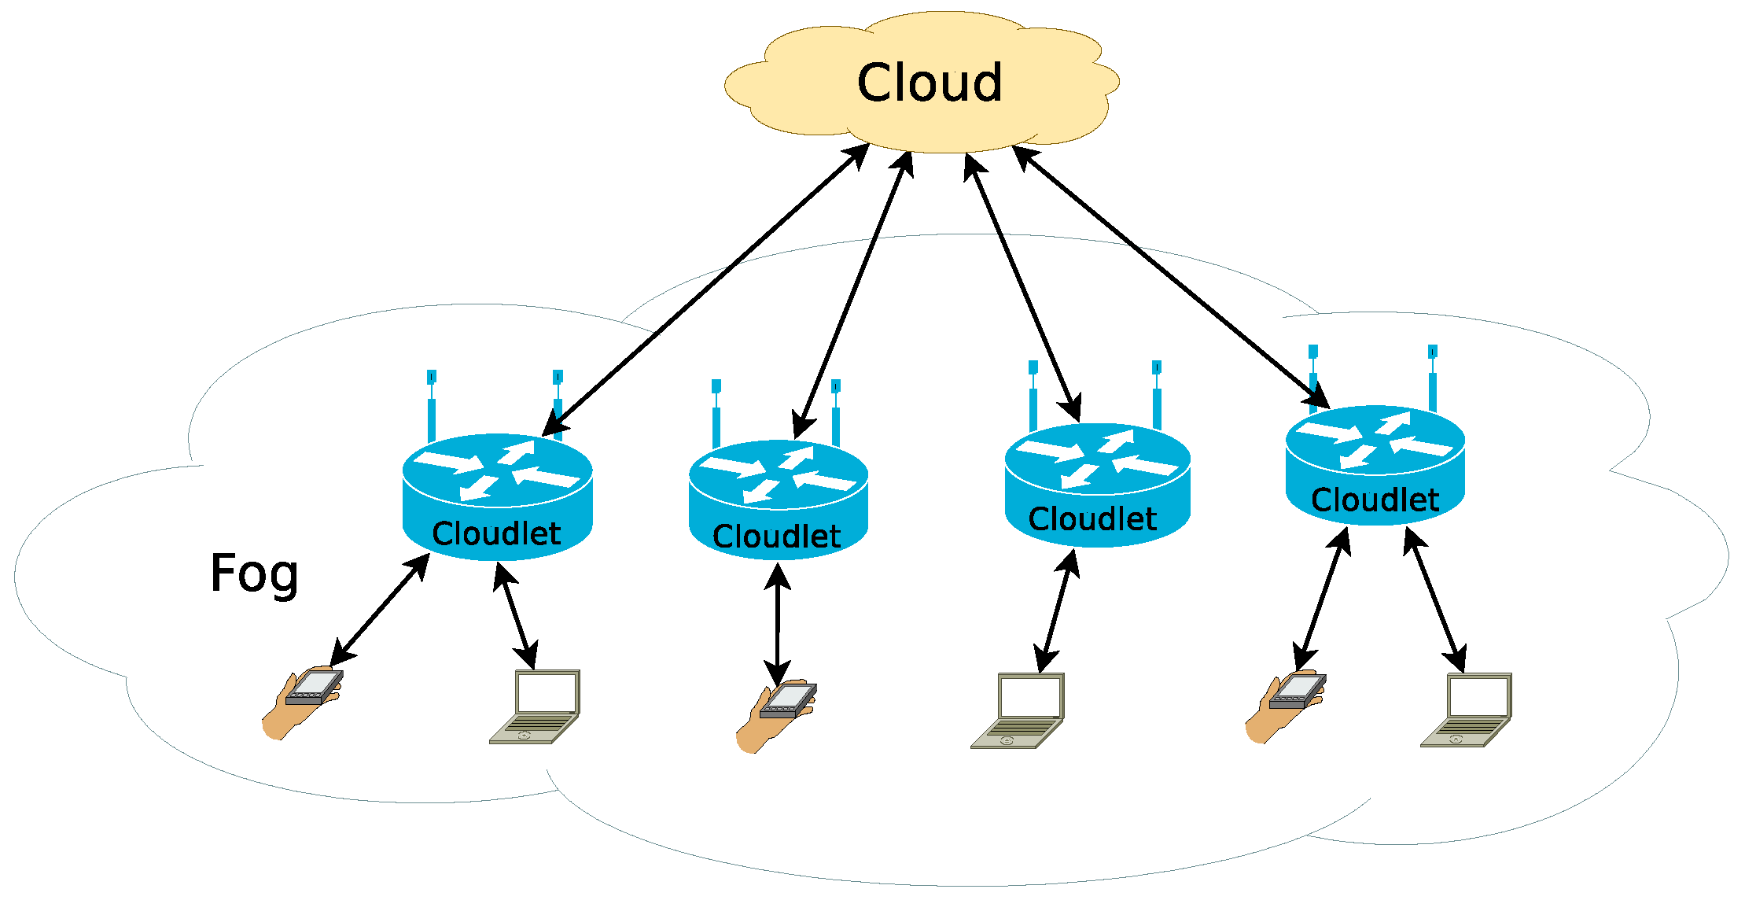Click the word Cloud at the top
pyautogui.click(x=930, y=83)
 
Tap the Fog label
pyautogui.click(x=254, y=574)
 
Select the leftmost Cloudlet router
pyautogui.click(x=497, y=496)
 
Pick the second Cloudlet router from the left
pyautogui.click(x=778, y=500)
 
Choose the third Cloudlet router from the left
pyautogui.click(x=1097, y=485)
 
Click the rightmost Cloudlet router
pyautogui.click(x=1375, y=465)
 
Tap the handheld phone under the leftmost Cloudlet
pyautogui.click(x=303, y=703)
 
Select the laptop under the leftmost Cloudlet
pyautogui.click(x=535, y=706)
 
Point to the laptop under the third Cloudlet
pyautogui.click(x=1018, y=710)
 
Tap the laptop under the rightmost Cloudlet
pyautogui.click(x=1466, y=710)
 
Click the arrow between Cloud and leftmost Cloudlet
pyautogui.click(x=706, y=290)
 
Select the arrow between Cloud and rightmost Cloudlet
pyautogui.click(x=1170, y=277)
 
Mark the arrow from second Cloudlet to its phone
pyautogui.click(x=778, y=625)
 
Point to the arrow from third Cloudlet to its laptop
pyautogui.click(x=1056, y=611)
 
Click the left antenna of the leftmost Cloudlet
pyautogui.click(x=432, y=406)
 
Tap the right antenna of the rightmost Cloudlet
pyautogui.click(x=1433, y=378)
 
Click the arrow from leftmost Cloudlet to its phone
pyautogui.click(x=380, y=610)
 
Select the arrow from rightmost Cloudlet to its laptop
pyautogui.click(x=1435, y=599)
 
